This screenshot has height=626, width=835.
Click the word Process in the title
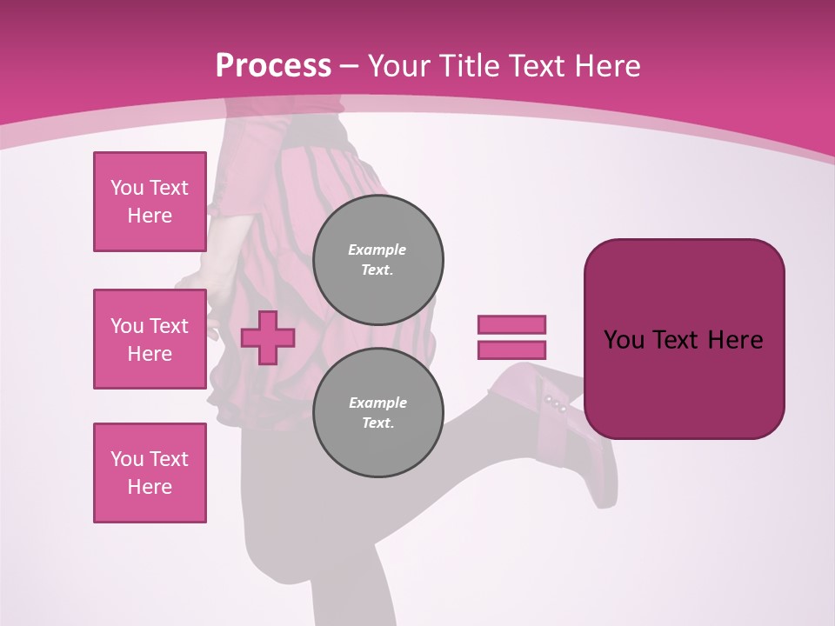(273, 66)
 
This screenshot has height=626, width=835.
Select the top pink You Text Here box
(150, 202)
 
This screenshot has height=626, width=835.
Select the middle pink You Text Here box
(150, 339)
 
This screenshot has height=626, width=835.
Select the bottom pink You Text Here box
(150, 473)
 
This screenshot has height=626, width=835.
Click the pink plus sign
(268, 337)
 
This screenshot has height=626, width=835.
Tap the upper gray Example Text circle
(377, 260)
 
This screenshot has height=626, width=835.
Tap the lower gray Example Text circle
(377, 413)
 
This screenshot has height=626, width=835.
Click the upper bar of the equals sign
(511, 324)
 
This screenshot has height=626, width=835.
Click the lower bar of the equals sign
(511, 350)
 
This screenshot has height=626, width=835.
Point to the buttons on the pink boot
(555, 403)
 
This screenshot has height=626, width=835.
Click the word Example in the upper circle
(377, 250)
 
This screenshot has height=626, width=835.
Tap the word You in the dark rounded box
(624, 340)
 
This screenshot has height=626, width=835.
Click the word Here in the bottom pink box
(150, 487)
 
